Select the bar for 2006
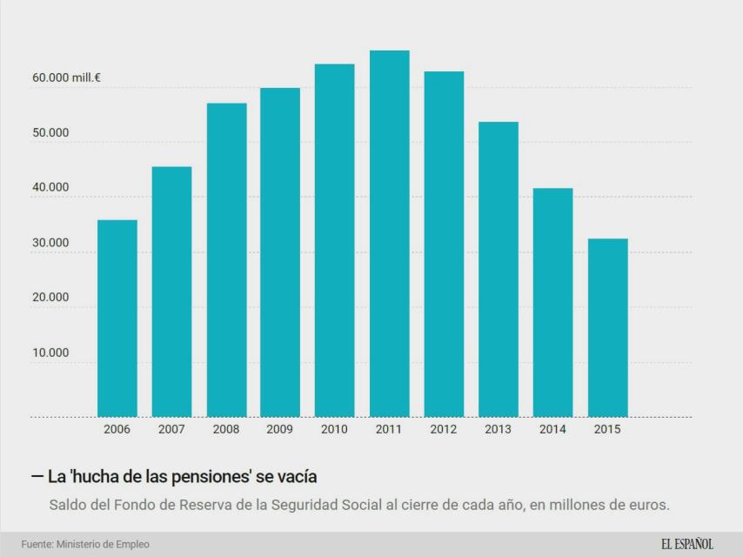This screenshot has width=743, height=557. click(x=117, y=319)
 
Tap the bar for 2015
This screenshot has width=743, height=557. click(x=607, y=327)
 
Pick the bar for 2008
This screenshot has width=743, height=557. click(x=226, y=260)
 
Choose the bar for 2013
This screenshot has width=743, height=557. click(x=499, y=269)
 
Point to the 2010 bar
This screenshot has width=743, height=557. click(x=334, y=240)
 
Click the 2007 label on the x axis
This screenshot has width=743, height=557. click(x=171, y=429)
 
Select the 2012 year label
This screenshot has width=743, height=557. click(x=444, y=429)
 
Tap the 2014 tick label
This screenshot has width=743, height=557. click(x=552, y=429)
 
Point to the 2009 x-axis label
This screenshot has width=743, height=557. click(x=280, y=429)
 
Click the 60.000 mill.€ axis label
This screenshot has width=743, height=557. click(x=66, y=78)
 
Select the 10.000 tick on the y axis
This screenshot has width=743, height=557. click(x=50, y=352)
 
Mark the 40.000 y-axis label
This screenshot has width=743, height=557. click(x=50, y=187)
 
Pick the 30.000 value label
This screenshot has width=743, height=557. click(x=50, y=243)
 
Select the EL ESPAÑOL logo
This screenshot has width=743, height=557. click(x=686, y=544)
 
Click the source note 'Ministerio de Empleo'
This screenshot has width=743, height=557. click(x=103, y=544)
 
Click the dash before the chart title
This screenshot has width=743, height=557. click(x=37, y=476)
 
